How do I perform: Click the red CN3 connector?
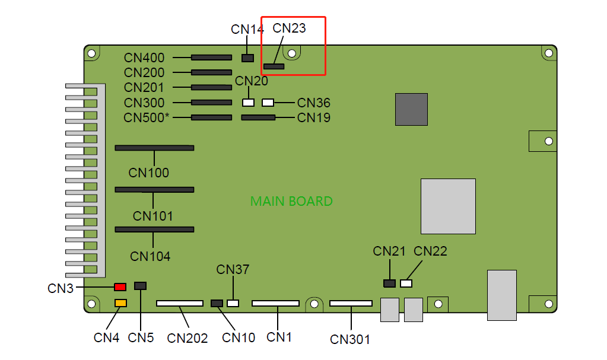tap(120, 287)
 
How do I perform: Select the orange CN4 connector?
tap(120, 304)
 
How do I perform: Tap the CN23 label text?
tap(289, 28)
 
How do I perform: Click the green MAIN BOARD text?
tap(291, 202)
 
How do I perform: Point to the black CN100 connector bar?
tap(154, 147)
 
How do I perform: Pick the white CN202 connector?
tap(180, 303)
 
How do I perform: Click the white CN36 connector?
tap(268, 103)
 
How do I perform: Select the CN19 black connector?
tap(258, 117)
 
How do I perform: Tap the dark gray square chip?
tap(411, 109)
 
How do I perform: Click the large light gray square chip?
tap(448, 206)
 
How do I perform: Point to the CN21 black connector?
tap(389, 283)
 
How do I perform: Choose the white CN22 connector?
tap(406, 283)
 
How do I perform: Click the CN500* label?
tap(147, 117)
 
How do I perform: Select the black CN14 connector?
tap(248, 58)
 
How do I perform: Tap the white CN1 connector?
tap(275, 303)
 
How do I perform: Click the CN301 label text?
tap(350, 339)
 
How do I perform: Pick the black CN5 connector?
tap(141, 286)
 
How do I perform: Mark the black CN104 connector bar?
tap(154, 229)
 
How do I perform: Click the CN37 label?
tap(233, 270)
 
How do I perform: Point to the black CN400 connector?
tap(211, 58)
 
